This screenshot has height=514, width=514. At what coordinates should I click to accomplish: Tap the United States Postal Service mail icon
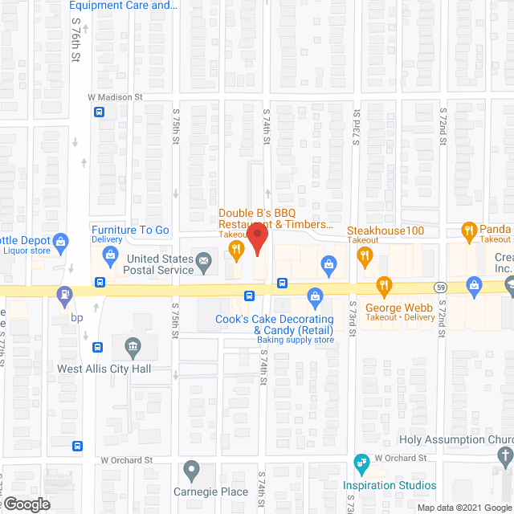[205, 259]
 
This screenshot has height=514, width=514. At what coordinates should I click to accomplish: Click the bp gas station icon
[64, 294]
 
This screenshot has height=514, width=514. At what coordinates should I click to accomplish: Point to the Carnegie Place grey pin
[191, 468]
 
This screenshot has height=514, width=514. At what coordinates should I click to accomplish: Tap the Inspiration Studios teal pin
[361, 463]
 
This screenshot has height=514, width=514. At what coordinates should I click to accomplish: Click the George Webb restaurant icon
[385, 284]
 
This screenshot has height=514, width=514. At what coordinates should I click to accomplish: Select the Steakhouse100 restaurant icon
[365, 257]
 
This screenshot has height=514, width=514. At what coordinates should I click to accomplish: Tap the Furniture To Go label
[130, 230]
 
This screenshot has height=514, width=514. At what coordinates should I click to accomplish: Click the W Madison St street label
[115, 97]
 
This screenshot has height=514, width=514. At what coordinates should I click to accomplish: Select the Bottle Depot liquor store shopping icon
[60, 240]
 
